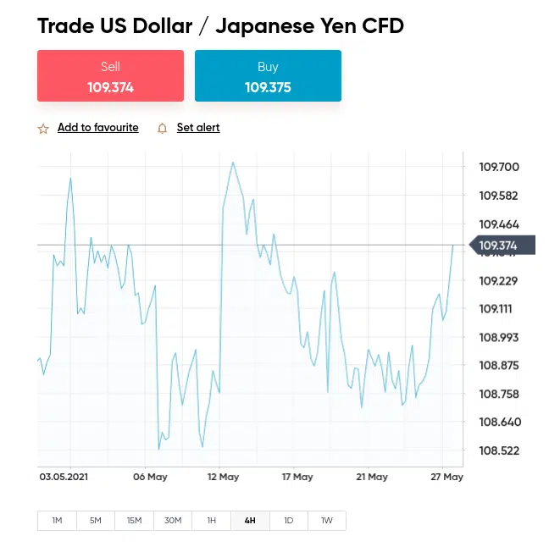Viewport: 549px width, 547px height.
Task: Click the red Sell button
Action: click(x=110, y=76)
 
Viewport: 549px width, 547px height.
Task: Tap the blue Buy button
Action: click(x=268, y=76)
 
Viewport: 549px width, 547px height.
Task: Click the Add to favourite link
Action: click(x=97, y=128)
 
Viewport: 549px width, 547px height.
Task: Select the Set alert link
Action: click(x=198, y=128)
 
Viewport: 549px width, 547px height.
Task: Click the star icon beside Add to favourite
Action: click(x=43, y=129)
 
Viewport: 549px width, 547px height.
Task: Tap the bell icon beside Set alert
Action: click(x=163, y=129)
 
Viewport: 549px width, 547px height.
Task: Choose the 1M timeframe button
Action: click(x=57, y=521)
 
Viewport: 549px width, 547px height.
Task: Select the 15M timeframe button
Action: click(x=134, y=521)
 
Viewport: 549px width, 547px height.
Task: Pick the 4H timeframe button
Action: click(x=250, y=521)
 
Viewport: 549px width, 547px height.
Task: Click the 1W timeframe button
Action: click(x=326, y=521)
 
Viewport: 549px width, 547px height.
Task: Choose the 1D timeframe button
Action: click(x=288, y=521)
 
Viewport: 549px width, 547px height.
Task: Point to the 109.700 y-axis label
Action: click(x=499, y=167)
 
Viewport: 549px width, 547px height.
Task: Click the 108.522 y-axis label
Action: click(x=499, y=450)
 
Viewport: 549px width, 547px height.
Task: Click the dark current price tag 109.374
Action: click(x=500, y=246)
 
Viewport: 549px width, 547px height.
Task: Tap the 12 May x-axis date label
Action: click(x=224, y=478)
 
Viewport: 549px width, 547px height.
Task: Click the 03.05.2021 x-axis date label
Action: click(x=64, y=478)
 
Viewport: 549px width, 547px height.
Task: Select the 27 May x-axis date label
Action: click(x=446, y=478)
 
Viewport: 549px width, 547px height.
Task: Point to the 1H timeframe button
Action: click(x=211, y=521)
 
